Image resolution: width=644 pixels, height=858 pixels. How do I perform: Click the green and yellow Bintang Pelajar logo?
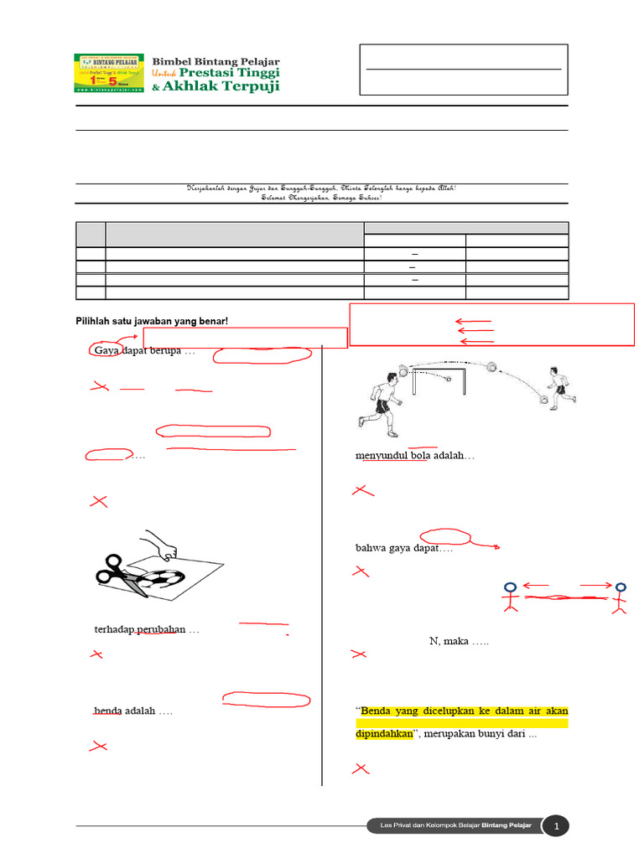pos(109,74)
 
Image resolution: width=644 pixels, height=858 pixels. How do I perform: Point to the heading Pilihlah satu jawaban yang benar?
pos(152,321)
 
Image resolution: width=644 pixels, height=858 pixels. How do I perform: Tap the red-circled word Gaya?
pos(106,350)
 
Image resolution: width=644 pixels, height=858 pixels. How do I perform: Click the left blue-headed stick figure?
pos(510,598)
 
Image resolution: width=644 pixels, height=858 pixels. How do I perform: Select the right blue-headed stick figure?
pos(620,598)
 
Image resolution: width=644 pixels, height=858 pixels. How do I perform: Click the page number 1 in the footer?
pos(556,827)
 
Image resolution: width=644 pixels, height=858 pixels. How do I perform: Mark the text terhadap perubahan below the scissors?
pos(138,629)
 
